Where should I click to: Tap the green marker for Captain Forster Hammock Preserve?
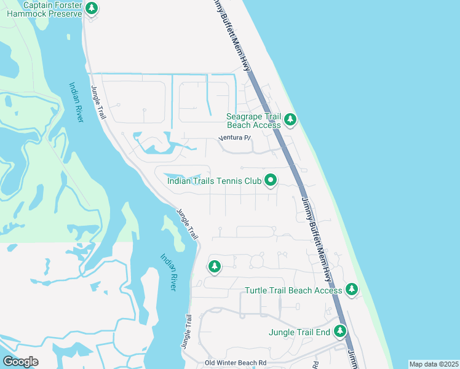pos(92,9)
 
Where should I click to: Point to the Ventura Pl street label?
pos(236,138)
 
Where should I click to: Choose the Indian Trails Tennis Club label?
pos(215,181)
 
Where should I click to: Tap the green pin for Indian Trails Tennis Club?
pos(270,180)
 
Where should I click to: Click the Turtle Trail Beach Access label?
pos(292,290)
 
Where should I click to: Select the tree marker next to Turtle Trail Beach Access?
pos(351,288)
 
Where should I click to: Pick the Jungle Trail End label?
pos(299,333)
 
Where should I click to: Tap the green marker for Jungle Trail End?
pos(340,331)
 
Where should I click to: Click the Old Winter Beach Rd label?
pos(236,363)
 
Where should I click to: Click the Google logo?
pos(20,362)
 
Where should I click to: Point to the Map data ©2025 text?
pos(434,364)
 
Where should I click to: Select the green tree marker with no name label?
pos(214,267)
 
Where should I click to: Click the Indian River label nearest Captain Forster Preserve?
pos(76,102)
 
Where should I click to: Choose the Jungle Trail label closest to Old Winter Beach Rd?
pos(187,332)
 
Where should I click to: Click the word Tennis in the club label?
pos(231,181)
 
